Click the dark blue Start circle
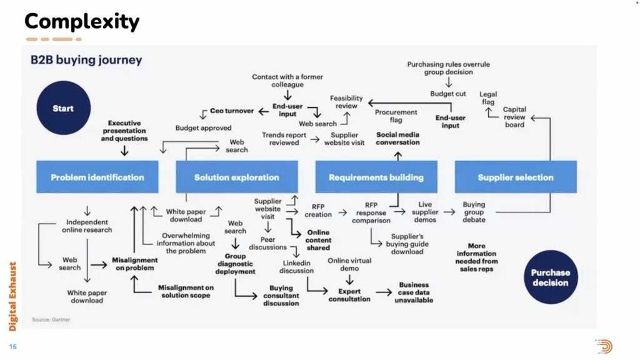62,108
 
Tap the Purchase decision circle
550,277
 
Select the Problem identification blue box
97,177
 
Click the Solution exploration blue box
236,177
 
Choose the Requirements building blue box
376,177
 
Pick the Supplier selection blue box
515,177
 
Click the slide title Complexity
81,22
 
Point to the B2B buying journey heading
86,61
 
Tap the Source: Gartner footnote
51,319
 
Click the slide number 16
12,346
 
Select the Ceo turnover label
232,111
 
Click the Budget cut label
447,94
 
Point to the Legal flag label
487,98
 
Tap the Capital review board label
514,117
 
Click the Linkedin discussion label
296,267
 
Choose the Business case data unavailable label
413,292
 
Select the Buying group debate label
474,212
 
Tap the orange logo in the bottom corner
604,346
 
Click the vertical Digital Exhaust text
12,296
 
